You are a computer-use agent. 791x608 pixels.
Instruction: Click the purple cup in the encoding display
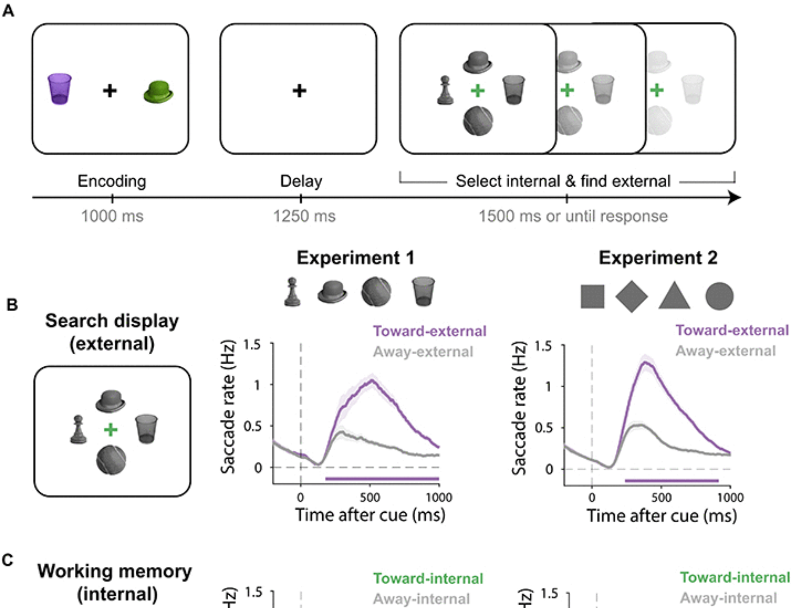(59, 89)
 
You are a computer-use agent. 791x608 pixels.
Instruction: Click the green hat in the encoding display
(158, 93)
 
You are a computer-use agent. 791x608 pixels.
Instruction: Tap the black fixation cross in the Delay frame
(299, 91)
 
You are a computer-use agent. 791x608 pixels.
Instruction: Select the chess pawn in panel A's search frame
(445, 91)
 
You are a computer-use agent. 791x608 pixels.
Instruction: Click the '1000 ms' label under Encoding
(112, 216)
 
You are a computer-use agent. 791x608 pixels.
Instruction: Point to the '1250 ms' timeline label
(304, 216)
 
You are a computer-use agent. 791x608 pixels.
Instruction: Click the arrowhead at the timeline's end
(735, 197)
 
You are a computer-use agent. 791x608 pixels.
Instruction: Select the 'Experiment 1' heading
(356, 258)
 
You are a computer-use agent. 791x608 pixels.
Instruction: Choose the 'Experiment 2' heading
(658, 258)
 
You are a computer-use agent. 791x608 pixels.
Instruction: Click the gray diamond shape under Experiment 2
(632, 296)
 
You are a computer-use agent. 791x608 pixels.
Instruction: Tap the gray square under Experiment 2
(592, 296)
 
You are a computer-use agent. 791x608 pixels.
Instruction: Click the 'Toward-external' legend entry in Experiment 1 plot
(430, 331)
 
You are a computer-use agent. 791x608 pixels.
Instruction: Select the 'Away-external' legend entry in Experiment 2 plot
(726, 351)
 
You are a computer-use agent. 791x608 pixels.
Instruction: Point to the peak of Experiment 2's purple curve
(646, 361)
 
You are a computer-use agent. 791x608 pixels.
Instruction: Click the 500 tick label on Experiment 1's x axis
(370, 497)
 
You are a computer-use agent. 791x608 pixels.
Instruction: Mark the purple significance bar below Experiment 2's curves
(672, 481)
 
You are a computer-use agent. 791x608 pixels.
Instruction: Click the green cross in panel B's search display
(111, 430)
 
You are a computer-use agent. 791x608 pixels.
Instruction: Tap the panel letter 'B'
(12, 305)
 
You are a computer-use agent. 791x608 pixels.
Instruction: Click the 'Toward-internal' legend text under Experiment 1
(428, 579)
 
